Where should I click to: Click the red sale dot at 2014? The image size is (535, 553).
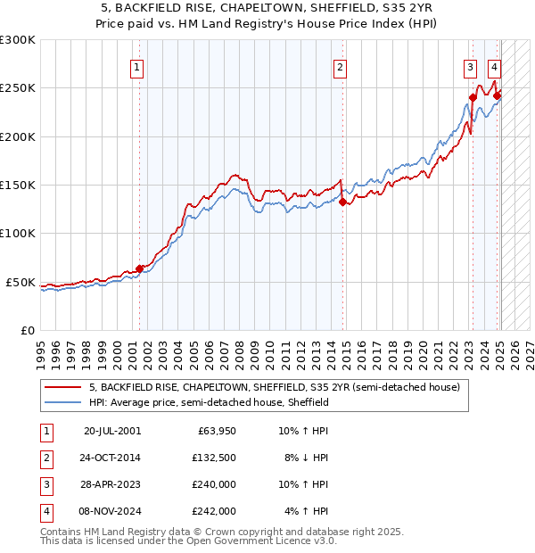(x=342, y=202)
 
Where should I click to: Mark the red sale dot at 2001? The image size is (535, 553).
(x=139, y=268)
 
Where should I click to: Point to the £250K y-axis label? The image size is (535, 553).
(x=18, y=88)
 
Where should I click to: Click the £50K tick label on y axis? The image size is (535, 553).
(x=21, y=282)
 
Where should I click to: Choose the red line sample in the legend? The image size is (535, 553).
(x=62, y=388)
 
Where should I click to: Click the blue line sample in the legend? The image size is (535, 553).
(x=62, y=403)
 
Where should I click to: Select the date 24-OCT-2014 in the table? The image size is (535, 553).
(x=112, y=458)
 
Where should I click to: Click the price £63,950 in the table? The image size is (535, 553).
(x=217, y=431)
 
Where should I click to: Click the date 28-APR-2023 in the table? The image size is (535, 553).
(x=112, y=485)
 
